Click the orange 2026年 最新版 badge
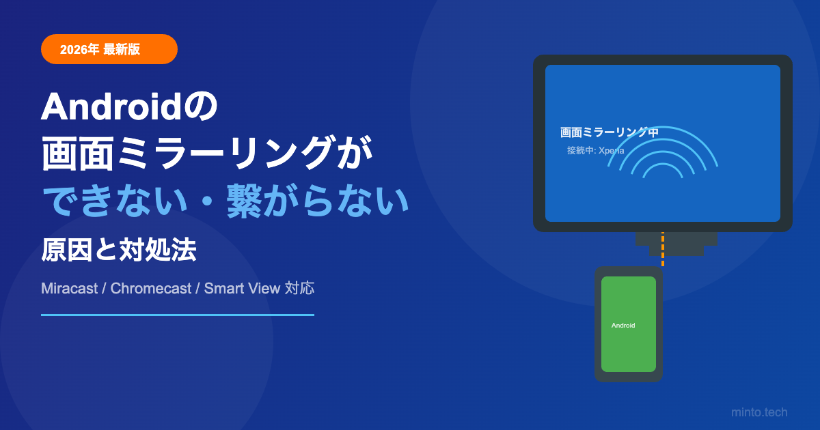pyautogui.click(x=109, y=49)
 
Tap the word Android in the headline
pyautogui.click(x=111, y=106)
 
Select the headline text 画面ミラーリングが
pyautogui.click(x=207, y=153)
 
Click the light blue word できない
pyautogui.click(x=115, y=201)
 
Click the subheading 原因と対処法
pyautogui.click(x=119, y=250)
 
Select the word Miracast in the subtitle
pyautogui.click(x=69, y=289)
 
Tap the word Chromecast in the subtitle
pyautogui.click(x=151, y=289)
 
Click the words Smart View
pyautogui.click(x=242, y=289)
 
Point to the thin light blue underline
pyautogui.click(x=178, y=315)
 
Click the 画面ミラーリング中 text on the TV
pyautogui.click(x=609, y=132)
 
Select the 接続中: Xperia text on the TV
pyautogui.click(x=596, y=150)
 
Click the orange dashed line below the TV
pyautogui.click(x=663, y=249)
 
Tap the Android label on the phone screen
pyautogui.click(x=623, y=326)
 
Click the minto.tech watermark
pyautogui.click(x=759, y=412)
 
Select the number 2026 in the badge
pyautogui.click(x=74, y=49)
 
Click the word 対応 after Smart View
pyautogui.click(x=299, y=288)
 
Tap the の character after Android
pyautogui.click(x=200, y=106)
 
